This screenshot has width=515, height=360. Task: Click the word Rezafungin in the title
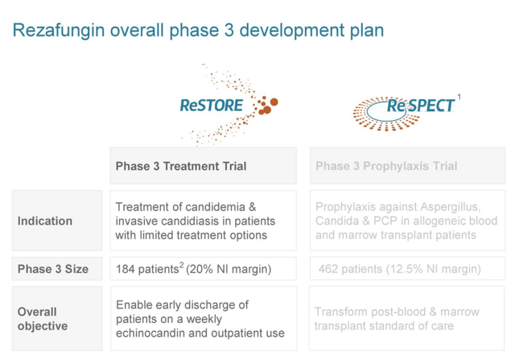(x=59, y=31)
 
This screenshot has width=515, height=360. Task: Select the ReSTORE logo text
(x=211, y=106)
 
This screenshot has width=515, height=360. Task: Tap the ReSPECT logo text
(x=420, y=106)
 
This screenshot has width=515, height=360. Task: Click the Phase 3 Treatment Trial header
(x=181, y=166)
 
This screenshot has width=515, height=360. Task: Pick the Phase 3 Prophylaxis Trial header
(x=386, y=166)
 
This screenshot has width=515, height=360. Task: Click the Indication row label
(x=45, y=221)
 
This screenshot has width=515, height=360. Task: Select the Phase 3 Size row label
(x=53, y=269)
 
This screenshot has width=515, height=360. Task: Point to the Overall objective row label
(x=43, y=319)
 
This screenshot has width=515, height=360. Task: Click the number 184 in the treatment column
(x=126, y=269)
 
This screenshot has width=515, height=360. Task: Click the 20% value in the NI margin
(x=201, y=269)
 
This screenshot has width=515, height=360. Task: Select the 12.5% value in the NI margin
(x=406, y=269)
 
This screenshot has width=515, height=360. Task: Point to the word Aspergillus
(x=451, y=207)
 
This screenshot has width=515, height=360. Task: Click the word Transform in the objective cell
(x=340, y=312)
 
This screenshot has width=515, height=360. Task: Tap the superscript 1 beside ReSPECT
(x=459, y=97)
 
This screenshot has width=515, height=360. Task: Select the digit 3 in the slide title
(x=229, y=31)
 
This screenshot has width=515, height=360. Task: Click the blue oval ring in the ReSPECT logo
(x=386, y=121)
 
